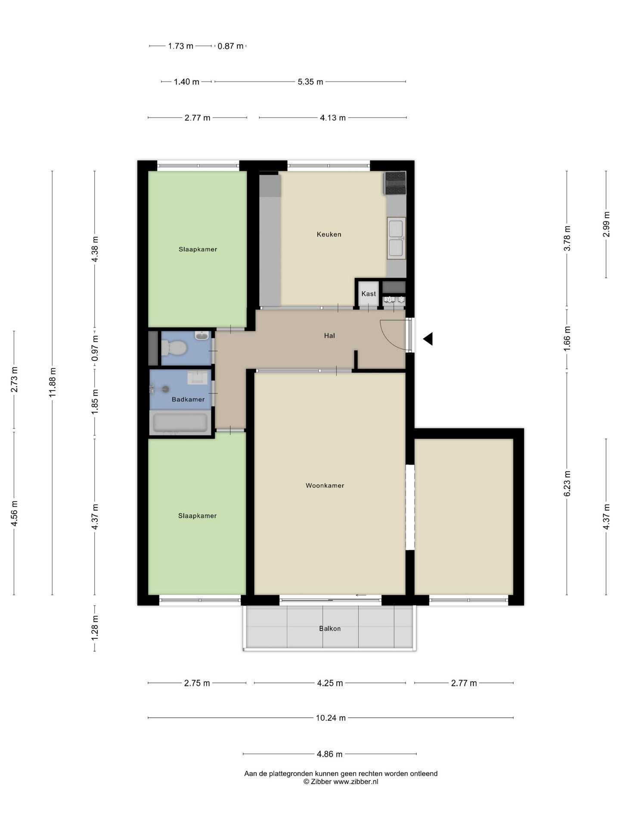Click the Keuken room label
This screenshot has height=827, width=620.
(329, 234)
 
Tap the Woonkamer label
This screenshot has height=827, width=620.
(325, 485)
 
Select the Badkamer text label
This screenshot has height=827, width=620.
(188, 399)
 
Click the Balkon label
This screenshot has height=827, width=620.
(330, 628)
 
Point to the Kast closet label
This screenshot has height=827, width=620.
(369, 294)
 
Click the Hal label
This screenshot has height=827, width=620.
(329, 336)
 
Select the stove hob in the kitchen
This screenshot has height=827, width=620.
(395, 183)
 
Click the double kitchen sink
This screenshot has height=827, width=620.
(396, 238)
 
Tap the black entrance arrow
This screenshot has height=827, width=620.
(428, 339)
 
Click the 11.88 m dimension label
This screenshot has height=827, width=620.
(53, 382)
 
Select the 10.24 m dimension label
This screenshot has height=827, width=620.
(331, 718)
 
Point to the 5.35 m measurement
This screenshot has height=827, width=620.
(310, 82)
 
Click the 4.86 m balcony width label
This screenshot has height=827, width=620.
(330, 754)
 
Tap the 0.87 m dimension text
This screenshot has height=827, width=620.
(230, 46)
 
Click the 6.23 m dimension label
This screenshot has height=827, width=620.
(567, 483)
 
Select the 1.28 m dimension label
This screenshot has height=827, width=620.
(95, 627)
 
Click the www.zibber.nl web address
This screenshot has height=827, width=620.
(356, 782)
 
